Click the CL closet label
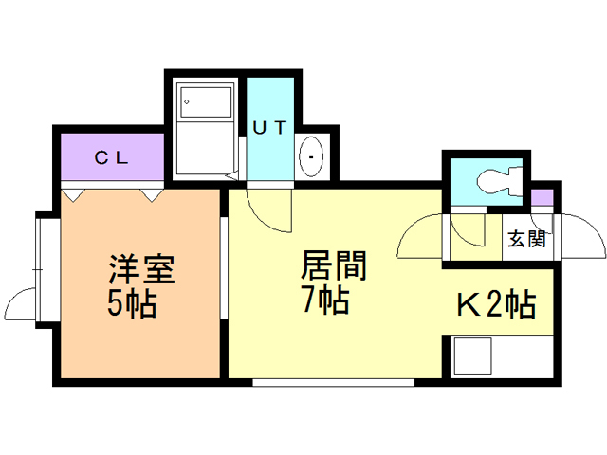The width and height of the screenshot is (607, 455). tap(112, 157)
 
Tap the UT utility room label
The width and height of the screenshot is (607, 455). tap(269, 127)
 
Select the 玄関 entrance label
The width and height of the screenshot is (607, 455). tap(527, 239)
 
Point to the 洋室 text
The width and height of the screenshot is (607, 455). tap(141, 269)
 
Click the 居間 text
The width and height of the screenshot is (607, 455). tap(334, 265)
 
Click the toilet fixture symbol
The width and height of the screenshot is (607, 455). tap(500, 180)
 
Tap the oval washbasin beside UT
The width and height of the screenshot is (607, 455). tap(311, 156)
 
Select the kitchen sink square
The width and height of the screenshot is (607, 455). tap(472, 356)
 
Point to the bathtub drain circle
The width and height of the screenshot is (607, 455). tap(187, 102)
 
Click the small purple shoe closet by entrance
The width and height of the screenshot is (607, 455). tap(542, 197)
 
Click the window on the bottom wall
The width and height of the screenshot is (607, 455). tap(333, 383)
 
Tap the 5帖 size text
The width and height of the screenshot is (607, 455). tap(133, 303)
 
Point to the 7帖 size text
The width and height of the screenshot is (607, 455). tap(326, 300)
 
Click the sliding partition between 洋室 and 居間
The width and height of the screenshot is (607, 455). tap(224, 268)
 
